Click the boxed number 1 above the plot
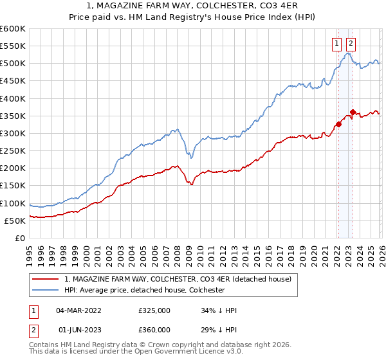point(336,44)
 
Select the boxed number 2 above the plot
point(351,44)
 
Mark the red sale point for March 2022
point(338,124)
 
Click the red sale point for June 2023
point(353,112)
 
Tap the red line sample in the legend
point(46,279)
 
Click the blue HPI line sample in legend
point(46,290)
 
